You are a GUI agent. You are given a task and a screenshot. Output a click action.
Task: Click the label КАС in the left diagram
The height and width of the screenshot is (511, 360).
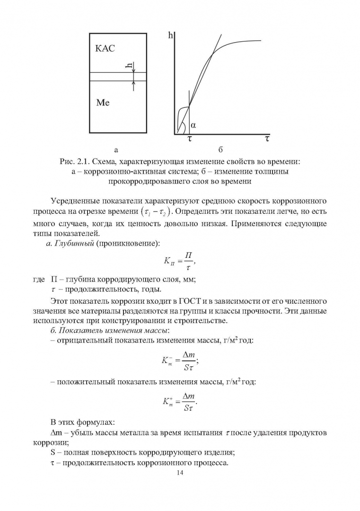[x=105, y=49]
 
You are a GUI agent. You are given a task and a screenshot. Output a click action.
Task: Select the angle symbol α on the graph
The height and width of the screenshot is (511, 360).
[x=193, y=125]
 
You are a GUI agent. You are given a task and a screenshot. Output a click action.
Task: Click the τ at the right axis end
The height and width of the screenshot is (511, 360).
[x=267, y=139]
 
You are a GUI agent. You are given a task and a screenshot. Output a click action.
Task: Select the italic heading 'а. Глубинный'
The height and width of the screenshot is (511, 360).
[x=72, y=243]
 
